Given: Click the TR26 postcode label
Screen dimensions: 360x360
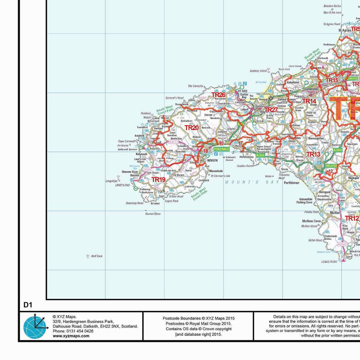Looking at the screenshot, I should tap(218, 95).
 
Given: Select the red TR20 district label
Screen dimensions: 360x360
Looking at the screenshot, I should tap(191, 128).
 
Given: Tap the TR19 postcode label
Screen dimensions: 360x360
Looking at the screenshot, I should tap(158, 180).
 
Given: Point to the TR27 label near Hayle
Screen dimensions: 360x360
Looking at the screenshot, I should tap(271, 110).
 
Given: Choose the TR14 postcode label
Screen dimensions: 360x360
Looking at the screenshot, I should tap(309, 101).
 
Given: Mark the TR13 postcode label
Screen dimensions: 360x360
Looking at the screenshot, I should tap(313, 154).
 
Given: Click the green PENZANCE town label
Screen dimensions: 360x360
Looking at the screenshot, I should tap(221, 148).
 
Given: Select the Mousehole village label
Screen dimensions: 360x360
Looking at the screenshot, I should tap(216, 171).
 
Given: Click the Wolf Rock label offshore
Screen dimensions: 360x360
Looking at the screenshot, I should tap(96, 256).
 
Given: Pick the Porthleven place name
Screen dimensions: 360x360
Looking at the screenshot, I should tap(292, 183).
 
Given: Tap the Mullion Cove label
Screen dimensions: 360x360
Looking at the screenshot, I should tap(311, 221).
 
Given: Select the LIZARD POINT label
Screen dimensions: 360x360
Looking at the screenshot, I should tap(329, 261).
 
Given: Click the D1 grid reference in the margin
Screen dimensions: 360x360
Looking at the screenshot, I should tap(28, 305).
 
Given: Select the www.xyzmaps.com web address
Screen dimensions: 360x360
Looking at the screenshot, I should tap(71, 336).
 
